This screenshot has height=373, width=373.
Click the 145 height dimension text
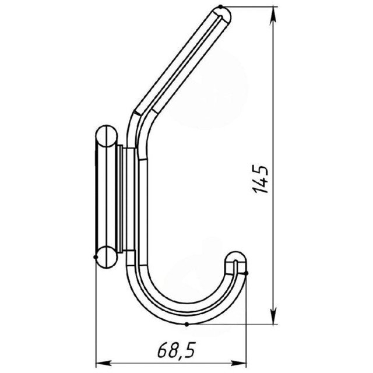[261, 179]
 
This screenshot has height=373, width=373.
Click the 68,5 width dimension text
[176, 350]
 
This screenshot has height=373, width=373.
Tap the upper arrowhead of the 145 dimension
[274, 15]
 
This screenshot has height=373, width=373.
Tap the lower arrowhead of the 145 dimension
[274, 316]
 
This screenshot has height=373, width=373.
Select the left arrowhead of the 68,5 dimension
[104, 363]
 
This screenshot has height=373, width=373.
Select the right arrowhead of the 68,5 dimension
[238, 363]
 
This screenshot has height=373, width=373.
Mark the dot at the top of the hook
[220, 6]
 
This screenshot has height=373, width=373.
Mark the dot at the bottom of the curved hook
[186, 324]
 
